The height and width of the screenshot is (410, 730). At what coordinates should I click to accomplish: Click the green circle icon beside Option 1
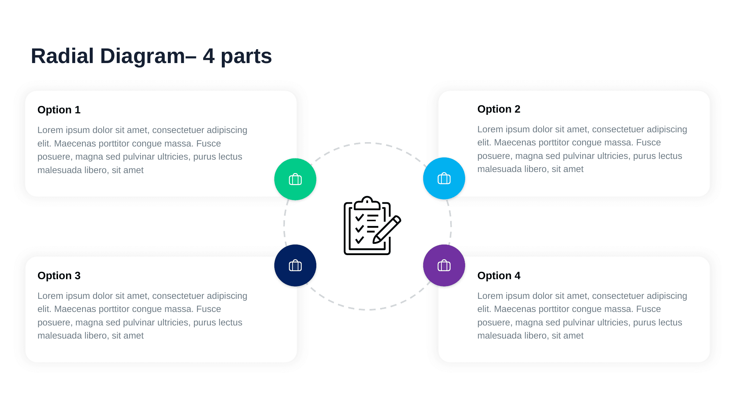(295, 179)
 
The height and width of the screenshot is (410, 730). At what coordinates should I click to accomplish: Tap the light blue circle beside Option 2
(444, 178)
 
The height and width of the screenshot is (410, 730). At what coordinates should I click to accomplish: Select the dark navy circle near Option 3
(295, 265)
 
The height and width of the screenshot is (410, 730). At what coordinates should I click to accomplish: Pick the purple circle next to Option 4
(444, 265)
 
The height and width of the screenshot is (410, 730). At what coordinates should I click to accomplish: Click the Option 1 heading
(59, 110)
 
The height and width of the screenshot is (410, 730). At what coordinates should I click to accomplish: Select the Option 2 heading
(499, 109)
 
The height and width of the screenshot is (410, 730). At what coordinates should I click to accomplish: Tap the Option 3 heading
(59, 276)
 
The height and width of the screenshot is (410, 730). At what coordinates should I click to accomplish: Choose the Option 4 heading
(499, 276)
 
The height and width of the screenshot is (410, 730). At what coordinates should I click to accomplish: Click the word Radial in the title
(62, 56)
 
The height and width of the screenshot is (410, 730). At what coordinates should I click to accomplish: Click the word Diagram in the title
(143, 57)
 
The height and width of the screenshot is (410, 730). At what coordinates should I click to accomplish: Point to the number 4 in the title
(209, 56)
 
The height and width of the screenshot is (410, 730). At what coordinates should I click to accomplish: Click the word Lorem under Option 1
(50, 130)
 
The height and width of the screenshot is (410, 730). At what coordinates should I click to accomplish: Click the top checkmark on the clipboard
(359, 217)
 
